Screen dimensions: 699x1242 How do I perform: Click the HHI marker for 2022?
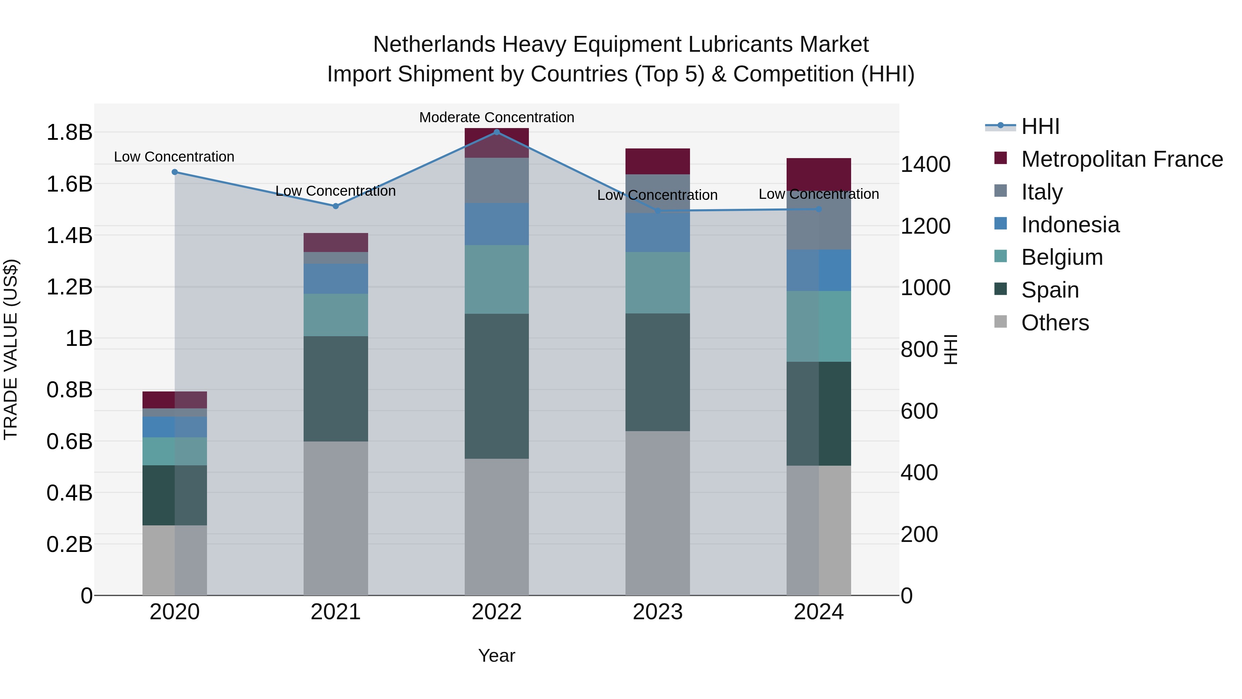pyautogui.click(x=496, y=132)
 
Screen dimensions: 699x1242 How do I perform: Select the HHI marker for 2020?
pyautogui.click(x=175, y=172)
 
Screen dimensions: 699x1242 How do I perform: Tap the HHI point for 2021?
pyautogui.click(x=336, y=206)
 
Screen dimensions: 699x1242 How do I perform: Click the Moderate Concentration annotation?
pyautogui.click(x=496, y=117)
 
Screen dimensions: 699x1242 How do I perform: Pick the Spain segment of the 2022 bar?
pyautogui.click(x=496, y=386)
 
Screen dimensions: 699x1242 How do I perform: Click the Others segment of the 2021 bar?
pyautogui.click(x=336, y=518)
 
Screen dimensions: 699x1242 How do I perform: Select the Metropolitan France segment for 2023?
pyautogui.click(x=658, y=161)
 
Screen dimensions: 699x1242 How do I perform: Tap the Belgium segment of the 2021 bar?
pyautogui.click(x=336, y=315)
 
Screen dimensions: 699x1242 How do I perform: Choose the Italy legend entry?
pyautogui.click(x=1042, y=192)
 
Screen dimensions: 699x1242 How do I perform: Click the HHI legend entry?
pyautogui.click(x=1040, y=126)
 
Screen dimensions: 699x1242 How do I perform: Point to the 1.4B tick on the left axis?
pyautogui.click(x=69, y=236)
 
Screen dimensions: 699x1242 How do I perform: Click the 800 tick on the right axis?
pyautogui.click(x=919, y=349)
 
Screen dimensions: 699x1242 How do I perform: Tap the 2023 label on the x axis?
pyautogui.click(x=658, y=612)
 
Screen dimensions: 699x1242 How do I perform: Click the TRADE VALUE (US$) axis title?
pyautogui.click(x=11, y=349)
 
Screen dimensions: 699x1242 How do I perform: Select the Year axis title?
pyautogui.click(x=496, y=656)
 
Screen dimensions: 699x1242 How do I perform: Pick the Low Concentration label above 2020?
pyautogui.click(x=174, y=157)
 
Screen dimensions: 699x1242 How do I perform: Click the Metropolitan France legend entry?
pyautogui.click(x=1122, y=159)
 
